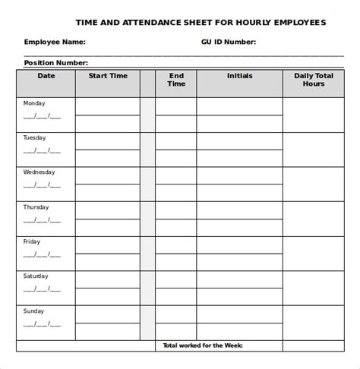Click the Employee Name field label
[x=55, y=43]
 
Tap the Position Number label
[x=56, y=63]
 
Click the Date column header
[x=46, y=76]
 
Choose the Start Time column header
[x=108, y=76]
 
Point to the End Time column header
[x=176, y=80]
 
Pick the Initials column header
[x=239, y=76]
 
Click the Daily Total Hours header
[x=314, y=80]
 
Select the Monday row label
[x=35, y=103]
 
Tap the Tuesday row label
[x=36, y=138]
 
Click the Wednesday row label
[x=39, y=172]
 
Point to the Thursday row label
[x=37, y=207]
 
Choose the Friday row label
[x=33, y=241]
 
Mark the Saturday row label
[x=37, y=276]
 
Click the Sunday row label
[x=35, y=311]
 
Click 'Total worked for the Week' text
[x=201, y=346]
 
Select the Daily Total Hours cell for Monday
[x=314, y=115]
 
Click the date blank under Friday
[x=41, y=254]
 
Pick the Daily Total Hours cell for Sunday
[x=314, y=322]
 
